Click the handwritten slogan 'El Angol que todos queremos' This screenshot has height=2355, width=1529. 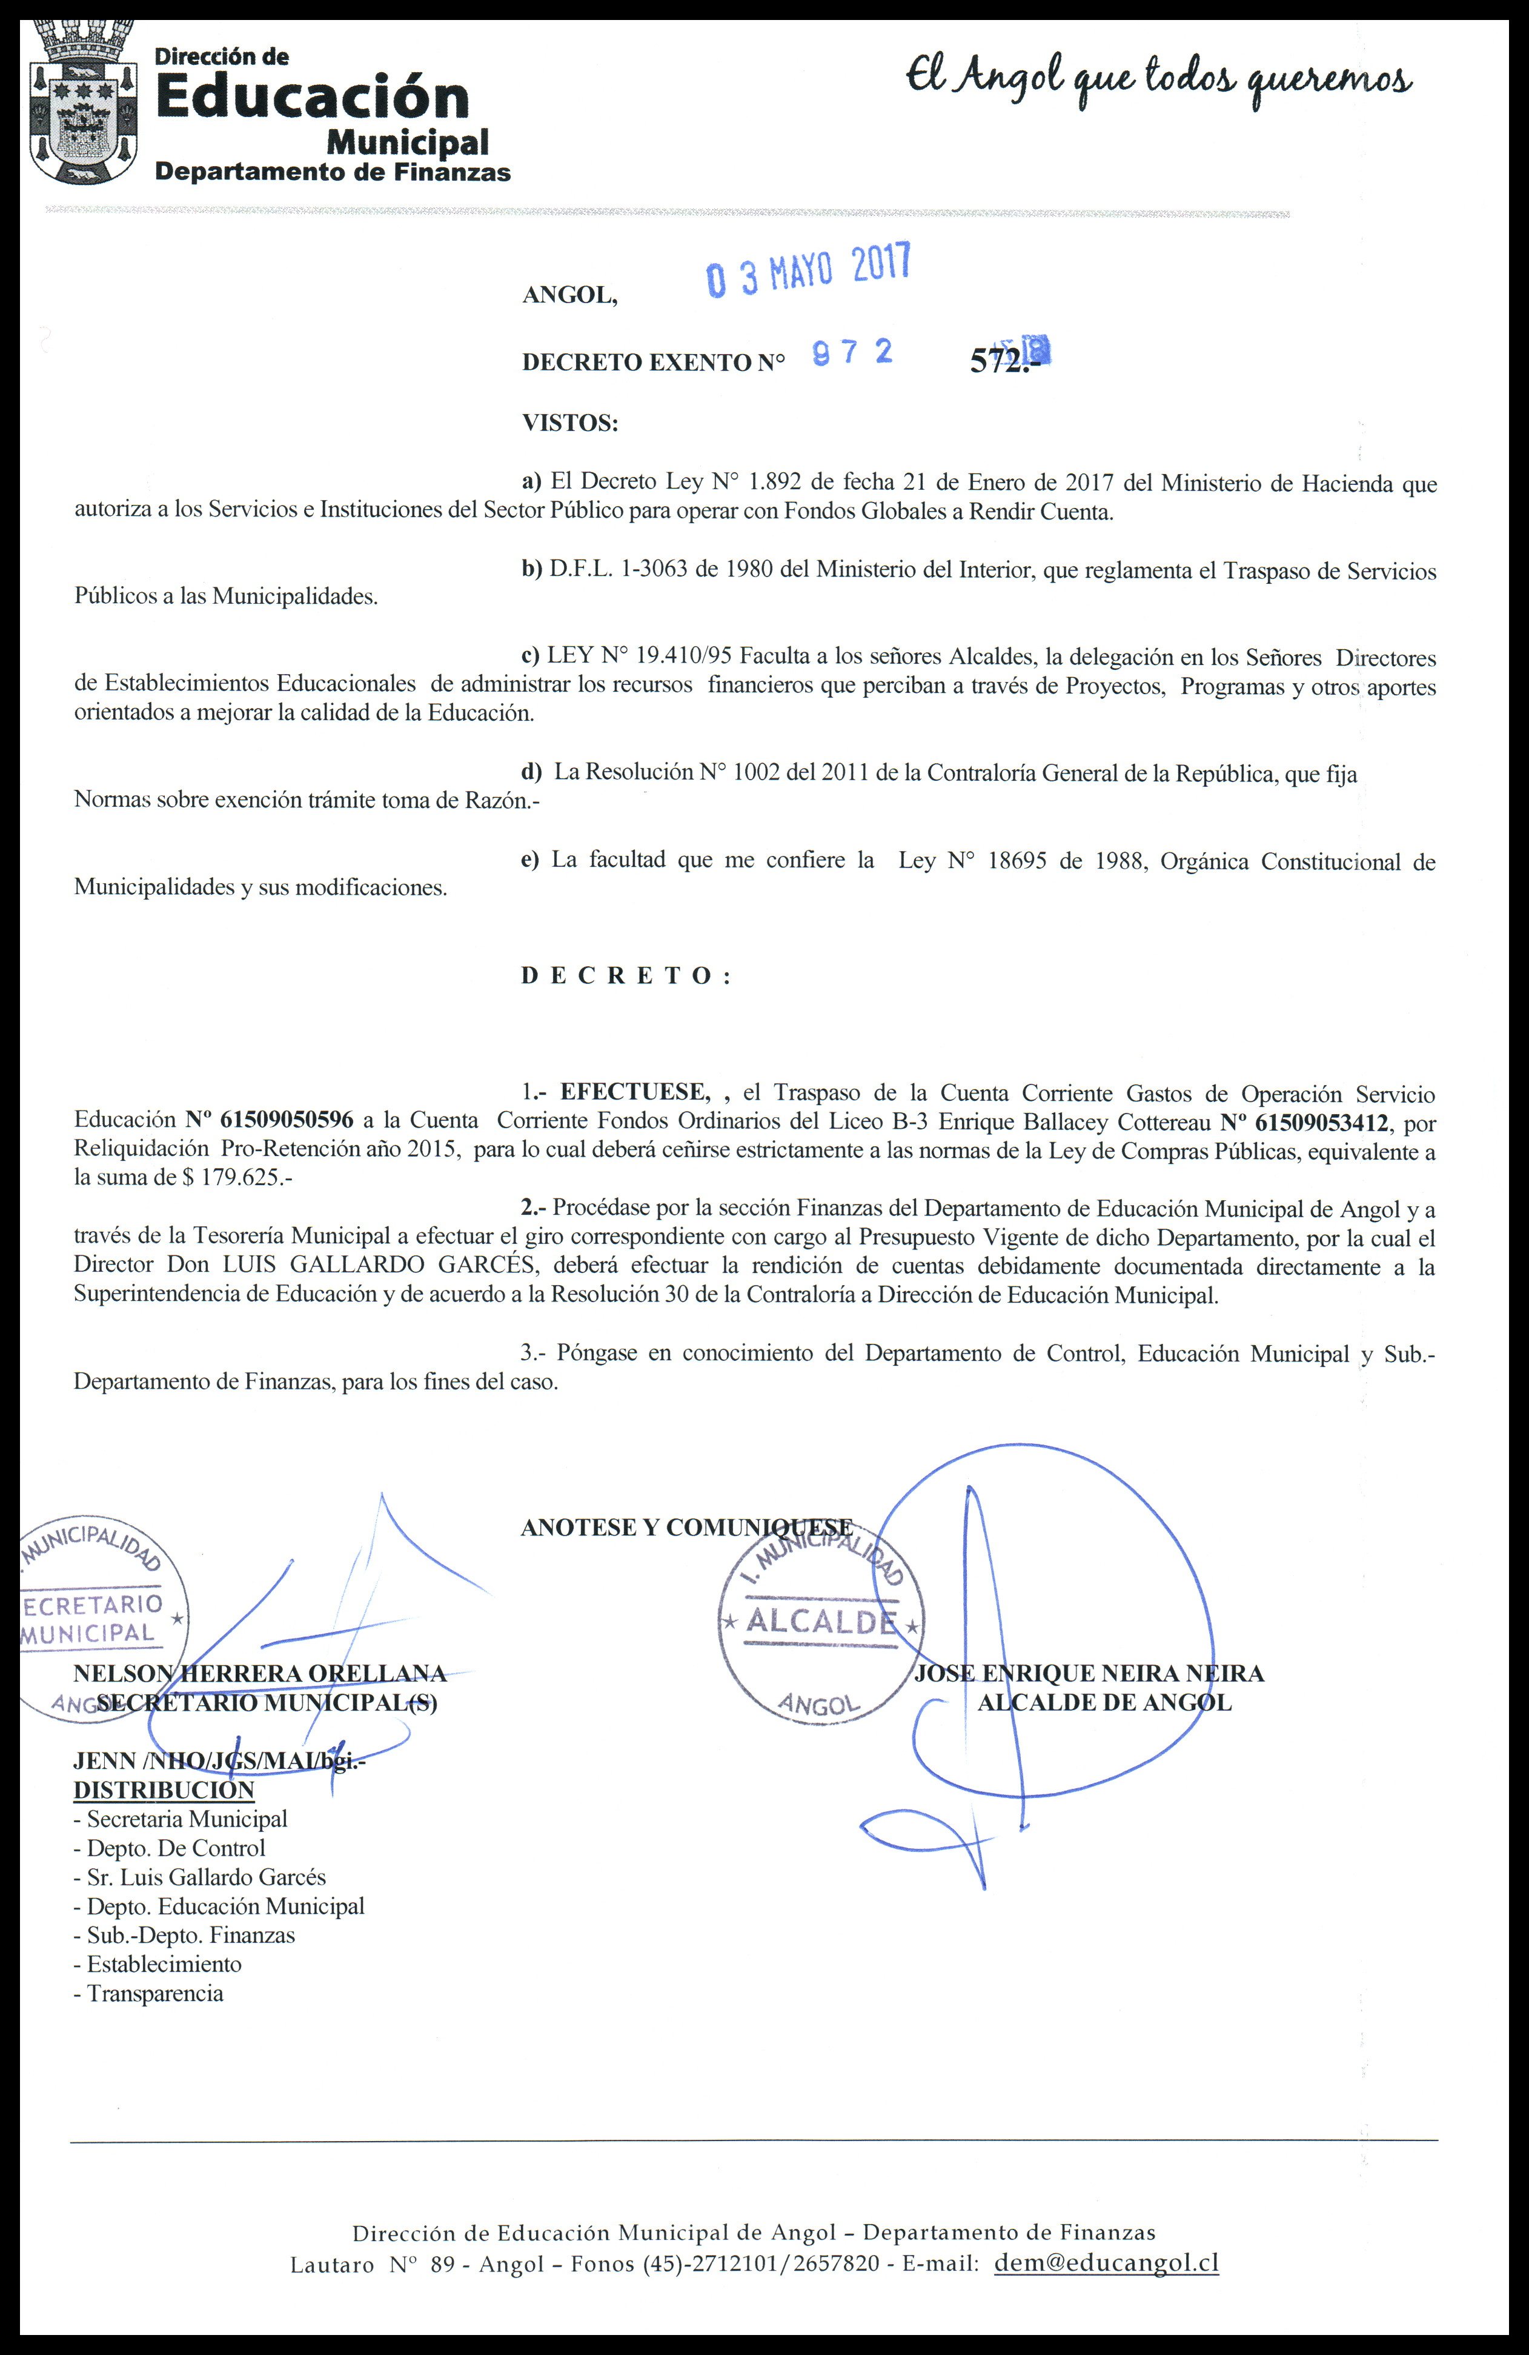(x=1159, y=82)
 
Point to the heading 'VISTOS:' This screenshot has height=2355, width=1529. (x=569, y=424)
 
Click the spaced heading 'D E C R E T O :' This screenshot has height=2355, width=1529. (x=625, y=976)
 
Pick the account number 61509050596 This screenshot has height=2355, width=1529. (x=287, y=1121)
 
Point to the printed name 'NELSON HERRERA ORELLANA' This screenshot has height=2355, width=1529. (x=259, y=1673)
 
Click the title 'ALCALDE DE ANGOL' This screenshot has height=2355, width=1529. (x=1105, y=1702)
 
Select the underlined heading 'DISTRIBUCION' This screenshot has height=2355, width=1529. (x=163, y=1790)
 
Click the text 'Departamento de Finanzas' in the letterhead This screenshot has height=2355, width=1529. (x=333, y=172)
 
